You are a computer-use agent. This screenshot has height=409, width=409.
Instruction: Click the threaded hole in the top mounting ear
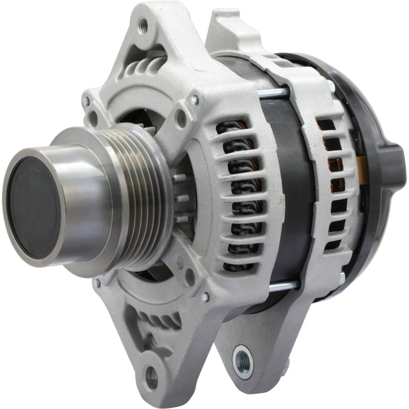[144, 23]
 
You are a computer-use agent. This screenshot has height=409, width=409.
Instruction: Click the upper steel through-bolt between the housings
[276, 93]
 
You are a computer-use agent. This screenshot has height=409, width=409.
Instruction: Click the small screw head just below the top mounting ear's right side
[194, 100]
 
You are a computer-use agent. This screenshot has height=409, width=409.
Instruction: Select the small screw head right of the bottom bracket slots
[205, 297]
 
